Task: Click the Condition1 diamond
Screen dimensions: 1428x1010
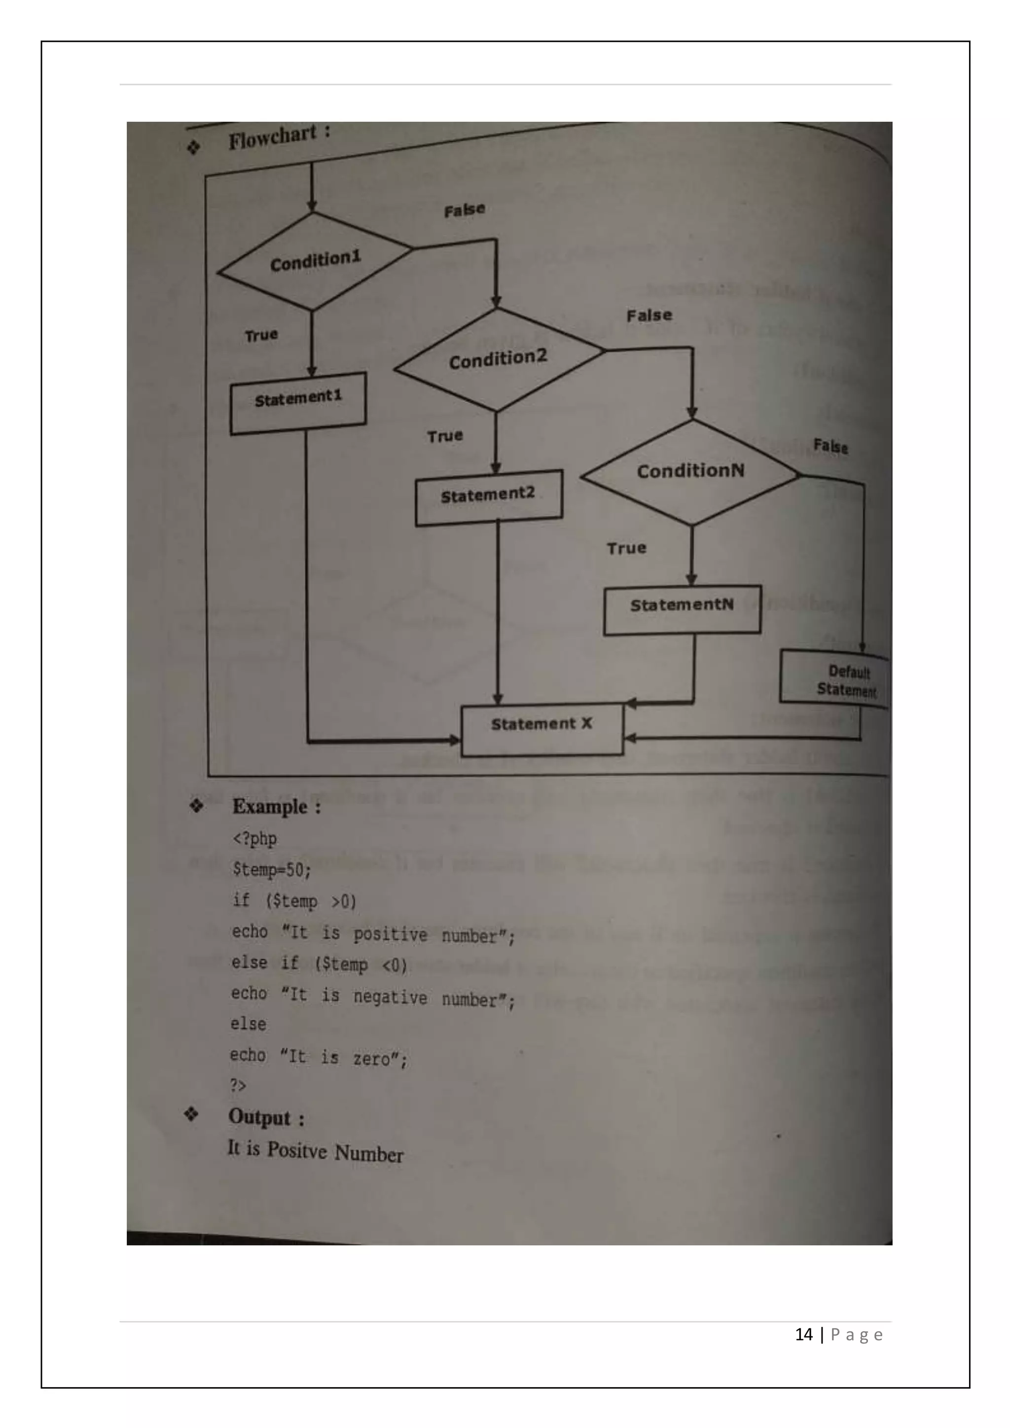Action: click(x=315, y=261)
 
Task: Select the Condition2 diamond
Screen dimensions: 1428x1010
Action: click(x=498, y=359)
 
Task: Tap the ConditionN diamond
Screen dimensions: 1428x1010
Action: click(x=690, y=471)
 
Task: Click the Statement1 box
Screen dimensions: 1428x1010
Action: click(x=298, y=402)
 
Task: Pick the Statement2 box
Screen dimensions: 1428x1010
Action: click(x=489, y=497)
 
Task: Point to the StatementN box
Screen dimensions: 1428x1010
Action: click(x=682, y=609)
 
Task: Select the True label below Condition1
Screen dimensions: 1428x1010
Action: click(x=261, y=336)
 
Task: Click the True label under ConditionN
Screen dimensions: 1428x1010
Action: click(x=626, y=548)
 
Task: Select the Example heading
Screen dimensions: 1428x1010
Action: click(x=270, y=807)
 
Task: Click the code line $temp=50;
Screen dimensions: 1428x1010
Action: click(x=272, y=869)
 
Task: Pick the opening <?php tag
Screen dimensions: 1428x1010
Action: click(x=254, y=838)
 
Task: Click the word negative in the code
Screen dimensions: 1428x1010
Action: click(x=390, y=997)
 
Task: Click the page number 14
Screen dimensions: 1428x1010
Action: click(x=803, y=1334)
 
